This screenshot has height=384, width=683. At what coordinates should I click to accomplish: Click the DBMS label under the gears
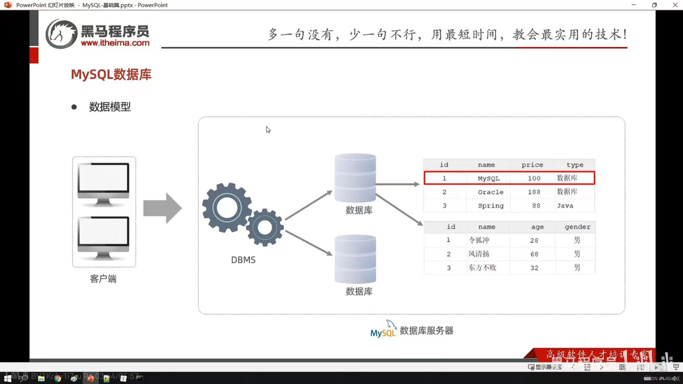(x=243, y=260)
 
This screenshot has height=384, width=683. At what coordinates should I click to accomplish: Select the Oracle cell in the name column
(x=491, y=192)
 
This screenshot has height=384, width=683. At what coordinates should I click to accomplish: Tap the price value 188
(x=534, y=192)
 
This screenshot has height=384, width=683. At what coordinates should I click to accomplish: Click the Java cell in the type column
(x=565, y=206)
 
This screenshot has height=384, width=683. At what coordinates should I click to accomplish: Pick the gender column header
(x=577, y=227)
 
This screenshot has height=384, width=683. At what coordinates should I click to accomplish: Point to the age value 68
(x=534, y=254)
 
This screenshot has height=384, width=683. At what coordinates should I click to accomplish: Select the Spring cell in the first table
(x=491, y=206)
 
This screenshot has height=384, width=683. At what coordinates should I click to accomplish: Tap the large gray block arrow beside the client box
(x=163, y=208)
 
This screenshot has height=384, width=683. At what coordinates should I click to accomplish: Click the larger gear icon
(x=227, y=208)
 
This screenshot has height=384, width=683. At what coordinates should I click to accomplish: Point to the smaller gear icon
(x=265, y=228)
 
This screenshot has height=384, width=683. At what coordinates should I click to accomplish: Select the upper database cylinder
(x=355, y=178)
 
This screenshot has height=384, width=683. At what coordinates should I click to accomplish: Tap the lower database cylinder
(x=355, y=259)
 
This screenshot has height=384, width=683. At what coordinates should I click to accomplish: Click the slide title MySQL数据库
(x=111, y=75)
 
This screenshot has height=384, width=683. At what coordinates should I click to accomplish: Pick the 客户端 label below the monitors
(x=103, y=279)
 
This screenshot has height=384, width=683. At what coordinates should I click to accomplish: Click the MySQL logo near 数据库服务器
(x=383, y=330)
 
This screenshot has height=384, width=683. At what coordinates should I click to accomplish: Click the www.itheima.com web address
(x=115, y=43)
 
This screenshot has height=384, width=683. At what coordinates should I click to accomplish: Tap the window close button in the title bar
(x=675, y=5)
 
